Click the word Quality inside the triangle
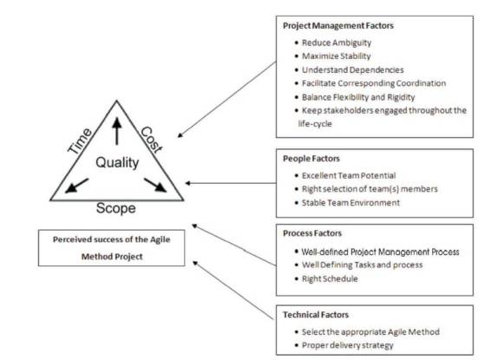[117, 163]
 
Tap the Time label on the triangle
[80, 141]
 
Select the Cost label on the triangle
[152, 140]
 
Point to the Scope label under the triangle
[116, 208]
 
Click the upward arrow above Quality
[117, 131]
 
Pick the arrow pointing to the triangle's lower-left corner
[76, 186]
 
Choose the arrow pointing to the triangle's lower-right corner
[155, 185]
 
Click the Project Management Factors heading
[338, 26]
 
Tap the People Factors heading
[311, 159]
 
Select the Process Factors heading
[312, 233]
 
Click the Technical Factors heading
[316, 315]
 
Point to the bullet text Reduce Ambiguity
[337, 43]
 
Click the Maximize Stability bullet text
[337, 56]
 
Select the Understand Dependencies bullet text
[352, 69]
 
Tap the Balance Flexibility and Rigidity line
[358, 97]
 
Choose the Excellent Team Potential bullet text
[349, 175]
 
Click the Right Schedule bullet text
[330, 278]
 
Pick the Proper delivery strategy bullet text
[348, 345]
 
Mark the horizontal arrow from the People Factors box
[231, 183]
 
